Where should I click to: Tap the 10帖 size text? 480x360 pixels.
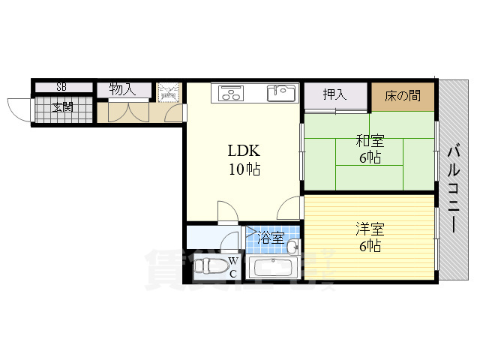pos(244,169)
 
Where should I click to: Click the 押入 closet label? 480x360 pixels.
pos(334,94)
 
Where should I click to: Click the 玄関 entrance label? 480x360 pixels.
pos(63,107)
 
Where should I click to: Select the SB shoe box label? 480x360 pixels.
pos(61,87)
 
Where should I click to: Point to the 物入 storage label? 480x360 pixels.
pos(122,89)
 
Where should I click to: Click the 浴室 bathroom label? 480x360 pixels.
pos(269,238)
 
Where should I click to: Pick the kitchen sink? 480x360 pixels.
pos(283,93)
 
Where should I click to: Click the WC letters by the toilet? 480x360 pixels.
pos(233,267)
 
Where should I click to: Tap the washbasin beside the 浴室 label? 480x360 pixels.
pos(292,247)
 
